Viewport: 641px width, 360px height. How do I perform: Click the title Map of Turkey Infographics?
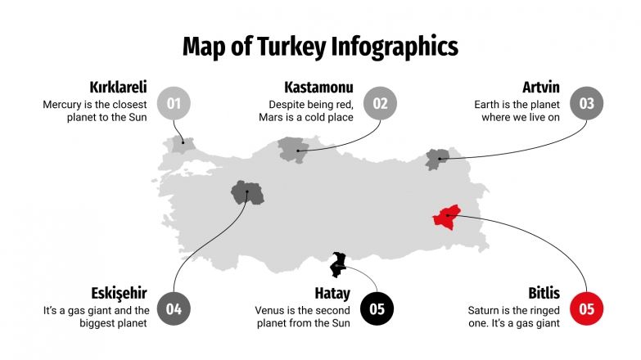coord(320,46)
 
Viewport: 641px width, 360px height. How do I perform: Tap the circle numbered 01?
coord(174,103)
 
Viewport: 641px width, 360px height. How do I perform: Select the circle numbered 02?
coord(380,103)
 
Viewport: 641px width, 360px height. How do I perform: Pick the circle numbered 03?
coord(586,103)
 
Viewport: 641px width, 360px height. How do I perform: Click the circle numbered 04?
coord(174,309)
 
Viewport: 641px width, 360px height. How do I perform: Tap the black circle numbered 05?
coord(377,309)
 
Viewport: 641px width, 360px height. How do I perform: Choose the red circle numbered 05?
coord(586,309)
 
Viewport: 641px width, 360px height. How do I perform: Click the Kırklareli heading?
coord(118,87)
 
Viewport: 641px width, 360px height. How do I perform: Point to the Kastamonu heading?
coord(318,87)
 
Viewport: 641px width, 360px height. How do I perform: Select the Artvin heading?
coord(541,87)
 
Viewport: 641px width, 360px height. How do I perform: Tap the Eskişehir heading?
coord(119,293)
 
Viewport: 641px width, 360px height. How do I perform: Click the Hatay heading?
coord(332,293)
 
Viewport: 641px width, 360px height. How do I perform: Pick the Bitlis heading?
coord(544,293)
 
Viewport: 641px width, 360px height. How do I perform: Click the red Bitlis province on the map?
coord(447,218)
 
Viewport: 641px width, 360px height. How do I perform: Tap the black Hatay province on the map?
coord(337,264)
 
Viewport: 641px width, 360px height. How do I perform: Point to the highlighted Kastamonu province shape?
coord(291,148)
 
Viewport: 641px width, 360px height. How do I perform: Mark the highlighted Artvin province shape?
coord(436,159)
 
